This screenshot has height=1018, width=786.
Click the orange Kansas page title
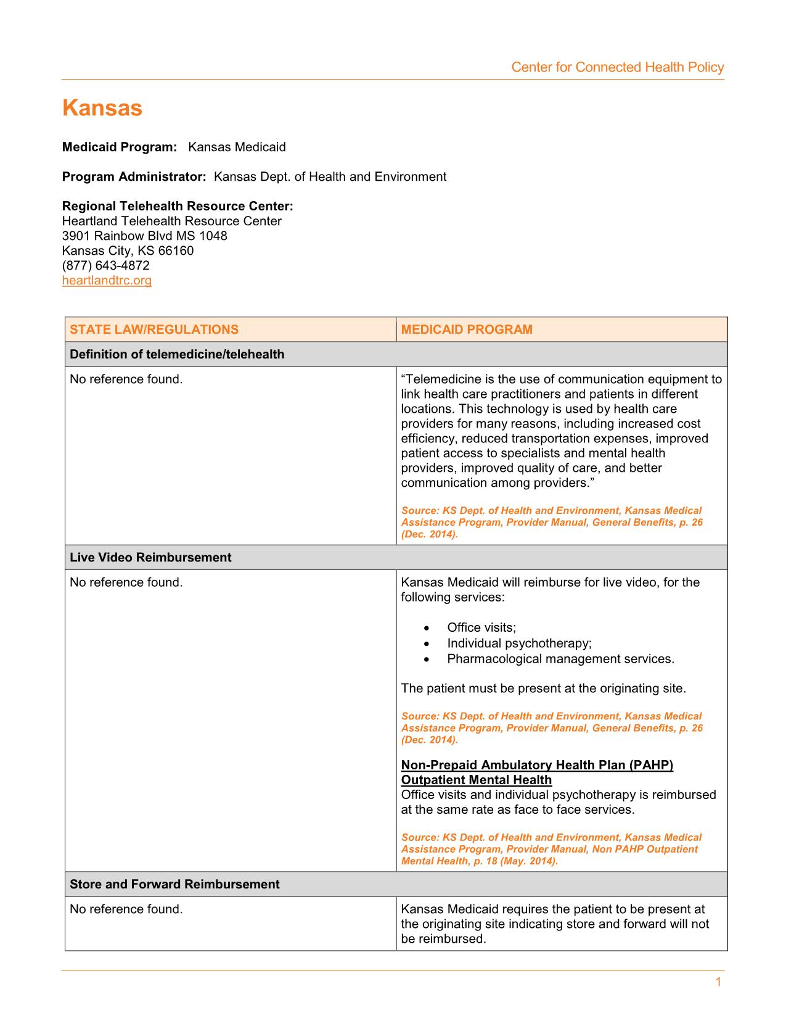tap(102, 108)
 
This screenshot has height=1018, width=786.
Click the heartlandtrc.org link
tap(107, 281)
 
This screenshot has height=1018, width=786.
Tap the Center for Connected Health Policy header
tap(617, 67)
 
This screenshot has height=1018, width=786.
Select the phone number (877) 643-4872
tap(105, 265)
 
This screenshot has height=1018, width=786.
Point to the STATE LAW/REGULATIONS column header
tap(154, 329)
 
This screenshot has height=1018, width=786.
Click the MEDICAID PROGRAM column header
tap(467, 329)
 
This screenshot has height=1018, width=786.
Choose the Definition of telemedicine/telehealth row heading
tap(177, 354)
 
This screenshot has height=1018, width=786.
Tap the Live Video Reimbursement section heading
tap(150, 557)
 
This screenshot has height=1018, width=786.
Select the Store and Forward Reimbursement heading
tap(174, 884)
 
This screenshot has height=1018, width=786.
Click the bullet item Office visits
tap(481, 627)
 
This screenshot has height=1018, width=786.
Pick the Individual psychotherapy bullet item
tap(519, 643)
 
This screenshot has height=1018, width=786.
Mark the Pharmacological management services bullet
tap(560, 659)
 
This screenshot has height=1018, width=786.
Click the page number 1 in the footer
tap(718, 982)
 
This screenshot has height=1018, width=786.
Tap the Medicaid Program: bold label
tap(120, 147)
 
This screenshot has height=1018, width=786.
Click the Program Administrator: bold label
tap(134, 176)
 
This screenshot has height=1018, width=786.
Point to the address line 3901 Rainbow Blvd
tap(144, 236)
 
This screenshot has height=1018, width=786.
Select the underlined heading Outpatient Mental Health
tap(476, 780)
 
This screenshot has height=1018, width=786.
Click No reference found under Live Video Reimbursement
tap(126, 582)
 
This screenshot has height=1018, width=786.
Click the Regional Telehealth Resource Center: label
tap(178, 206)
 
